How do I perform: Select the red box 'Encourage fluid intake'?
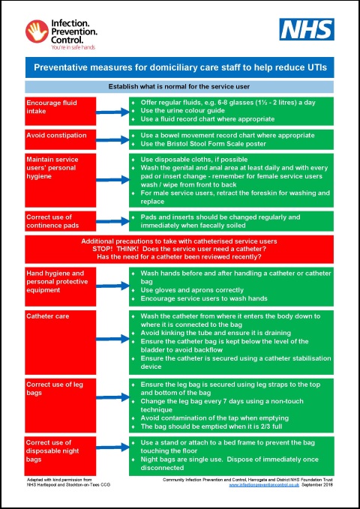point(60,110)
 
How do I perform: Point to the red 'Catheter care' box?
point(60,341)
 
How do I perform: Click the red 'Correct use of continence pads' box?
point(60,221)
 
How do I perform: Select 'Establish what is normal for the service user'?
point(180,87)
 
